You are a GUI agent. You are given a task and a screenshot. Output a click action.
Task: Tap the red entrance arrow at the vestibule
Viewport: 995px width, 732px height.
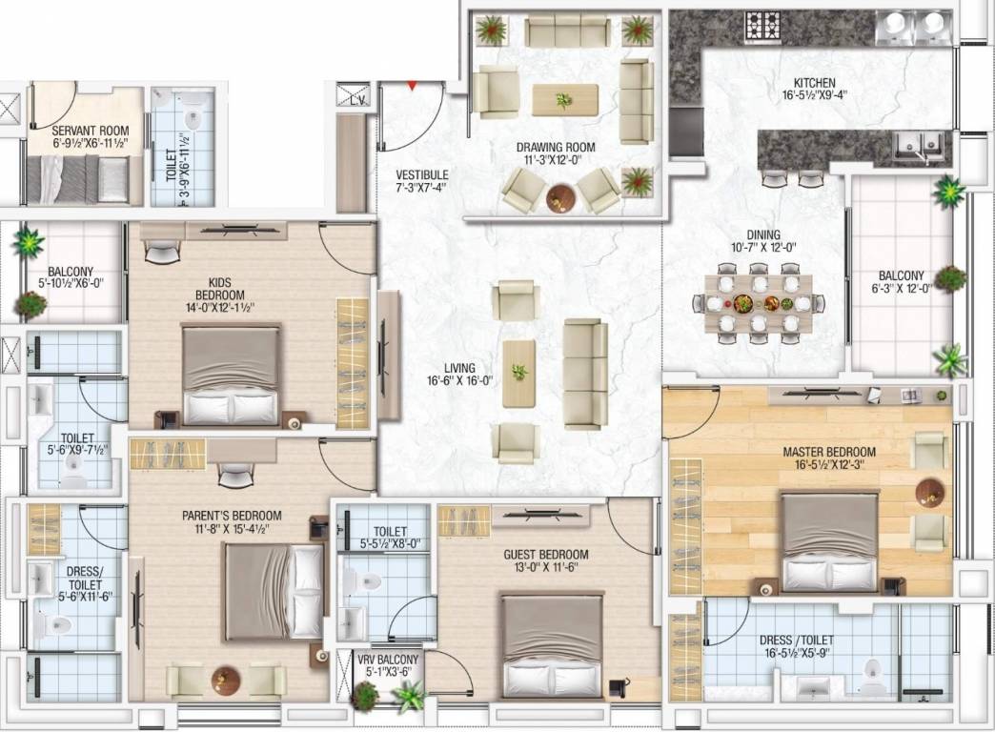click(x=412, y=86)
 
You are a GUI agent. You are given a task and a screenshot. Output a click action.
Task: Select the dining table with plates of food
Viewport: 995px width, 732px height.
click(x=759, y=303)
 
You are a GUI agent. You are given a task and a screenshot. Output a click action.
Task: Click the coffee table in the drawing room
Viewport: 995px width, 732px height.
click(x=565, y=99)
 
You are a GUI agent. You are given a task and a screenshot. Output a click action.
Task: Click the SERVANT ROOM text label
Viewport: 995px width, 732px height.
click(x=91, y=131)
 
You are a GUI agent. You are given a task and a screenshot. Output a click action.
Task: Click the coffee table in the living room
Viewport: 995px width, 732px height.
click(x=519, y=373)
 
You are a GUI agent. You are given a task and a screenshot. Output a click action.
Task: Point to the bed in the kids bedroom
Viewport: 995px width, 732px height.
click(x=231, y=375)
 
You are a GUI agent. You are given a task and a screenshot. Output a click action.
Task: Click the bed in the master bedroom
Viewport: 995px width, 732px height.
click(x=829, y=542)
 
